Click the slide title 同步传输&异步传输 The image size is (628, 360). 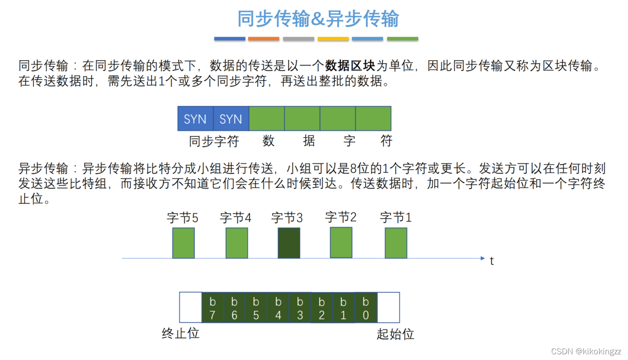[x=318, y=19]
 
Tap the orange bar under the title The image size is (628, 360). [x=263, y=39]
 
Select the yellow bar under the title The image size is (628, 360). [x=333, y=39]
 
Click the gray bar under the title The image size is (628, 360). [x=298, y=39]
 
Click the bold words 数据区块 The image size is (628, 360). [x=350, y=66]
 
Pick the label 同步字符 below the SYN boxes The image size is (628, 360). [x=214, y=141]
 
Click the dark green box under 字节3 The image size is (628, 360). [x=289, y=242]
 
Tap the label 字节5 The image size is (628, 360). [x=183, y=218]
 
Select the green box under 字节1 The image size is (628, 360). [x=396, y=242]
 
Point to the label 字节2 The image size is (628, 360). [x=341, y=217]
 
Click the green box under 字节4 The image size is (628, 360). [x=237, y=242]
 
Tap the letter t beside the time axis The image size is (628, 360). [x=492, y=261]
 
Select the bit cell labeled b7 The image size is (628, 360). [x=213, y=308]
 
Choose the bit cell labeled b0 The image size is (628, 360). [x=366, y=308]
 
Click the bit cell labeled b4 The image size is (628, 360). [x=278, y=308]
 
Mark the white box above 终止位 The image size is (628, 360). [x=190, y=308]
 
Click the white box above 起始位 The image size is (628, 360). [x=388, y=308]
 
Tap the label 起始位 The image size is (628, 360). [x=395, y=335]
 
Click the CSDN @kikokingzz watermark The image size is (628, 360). [x=586, y=351]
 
